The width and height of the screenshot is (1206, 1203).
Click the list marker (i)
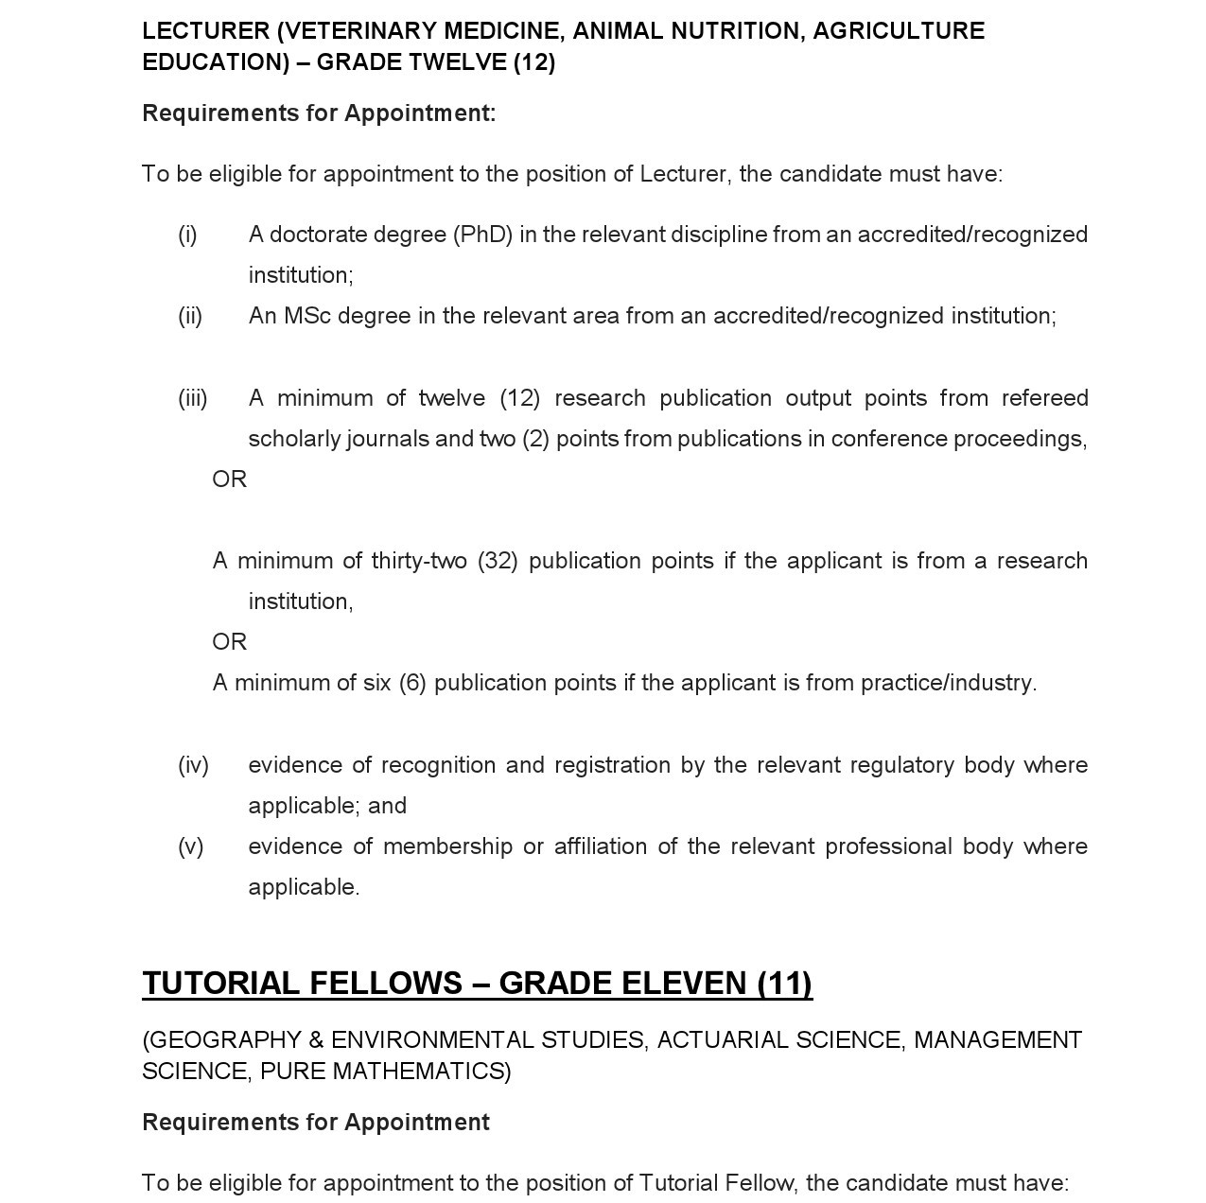[x=187, y=235]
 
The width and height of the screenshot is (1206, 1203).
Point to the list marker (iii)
[x=193, y=398]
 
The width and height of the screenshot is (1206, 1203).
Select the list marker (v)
[x=190, y=846]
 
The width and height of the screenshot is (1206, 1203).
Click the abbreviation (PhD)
[x=482, y=235]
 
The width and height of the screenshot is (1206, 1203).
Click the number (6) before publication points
[x=412, y=683]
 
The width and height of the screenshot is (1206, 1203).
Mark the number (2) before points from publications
[x=535, y=439]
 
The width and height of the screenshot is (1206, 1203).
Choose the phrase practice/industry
[x=948, y=683]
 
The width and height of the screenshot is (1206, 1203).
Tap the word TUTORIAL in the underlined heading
[x=220, y=984]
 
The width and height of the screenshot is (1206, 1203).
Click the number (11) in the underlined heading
[x=784, y=984]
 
